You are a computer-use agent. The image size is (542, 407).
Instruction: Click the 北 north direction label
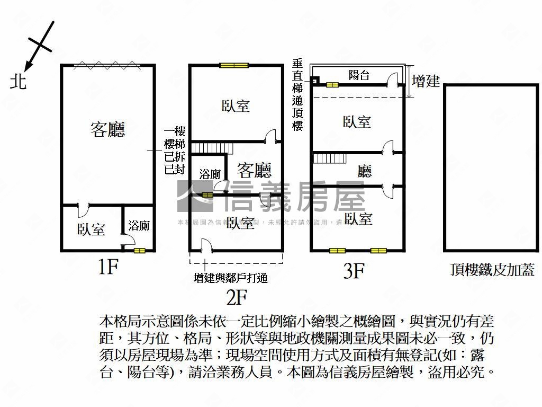click(19, 81)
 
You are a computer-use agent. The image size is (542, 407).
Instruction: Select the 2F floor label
click(237, 298)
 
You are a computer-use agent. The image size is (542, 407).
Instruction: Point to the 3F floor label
click(354, 271)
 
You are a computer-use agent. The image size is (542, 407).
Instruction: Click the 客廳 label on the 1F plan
click(108, 129)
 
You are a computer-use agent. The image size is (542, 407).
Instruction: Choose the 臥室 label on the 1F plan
click(91, 229)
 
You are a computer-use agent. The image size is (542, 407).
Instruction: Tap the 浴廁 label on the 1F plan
click(139, 226)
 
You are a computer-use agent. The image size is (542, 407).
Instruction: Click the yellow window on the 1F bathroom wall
click(140, 250)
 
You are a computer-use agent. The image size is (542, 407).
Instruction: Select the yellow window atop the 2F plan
click(234, 66)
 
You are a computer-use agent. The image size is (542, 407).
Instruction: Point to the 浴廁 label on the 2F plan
click(210, 174)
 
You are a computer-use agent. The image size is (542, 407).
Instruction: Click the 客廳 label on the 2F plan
click(254, 171)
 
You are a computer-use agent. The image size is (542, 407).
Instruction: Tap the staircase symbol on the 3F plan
click(329, 158)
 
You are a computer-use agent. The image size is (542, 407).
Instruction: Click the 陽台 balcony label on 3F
click(359, 75)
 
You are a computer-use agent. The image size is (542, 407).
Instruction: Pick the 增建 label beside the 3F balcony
click(426, 81)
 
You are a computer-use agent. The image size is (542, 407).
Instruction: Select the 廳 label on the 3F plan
click(365, 171)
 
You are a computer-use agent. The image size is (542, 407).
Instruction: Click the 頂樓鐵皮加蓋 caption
click(492, 270)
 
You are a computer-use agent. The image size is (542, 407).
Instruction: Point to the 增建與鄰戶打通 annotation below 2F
click(231, 277)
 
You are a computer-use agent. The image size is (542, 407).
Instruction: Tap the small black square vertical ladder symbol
click(314, 81)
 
